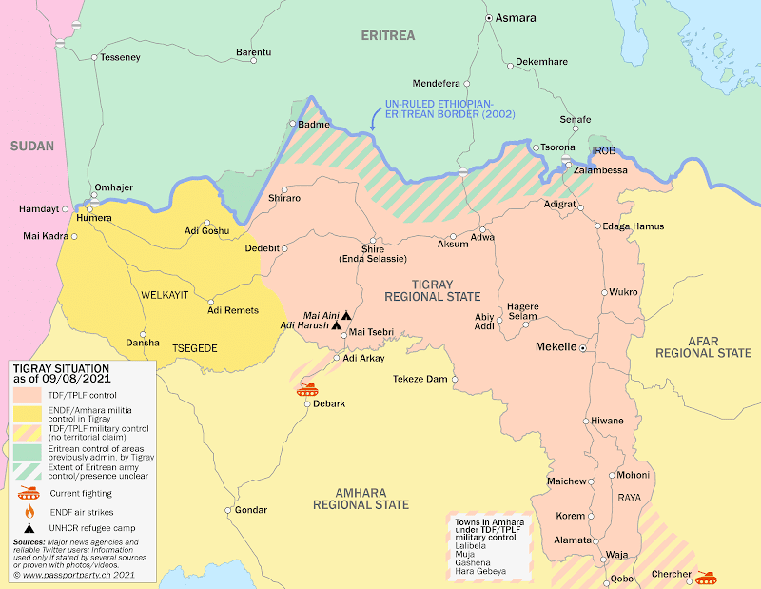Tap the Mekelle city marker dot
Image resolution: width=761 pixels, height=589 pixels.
(583, 348)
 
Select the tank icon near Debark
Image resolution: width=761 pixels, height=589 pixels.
(307, 388)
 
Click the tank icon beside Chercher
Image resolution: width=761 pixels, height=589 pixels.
(707, 577)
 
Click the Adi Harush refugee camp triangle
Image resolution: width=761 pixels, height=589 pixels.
(336, 325)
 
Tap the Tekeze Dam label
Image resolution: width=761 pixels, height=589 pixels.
(420, 379)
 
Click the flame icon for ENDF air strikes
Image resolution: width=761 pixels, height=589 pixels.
(29, 511)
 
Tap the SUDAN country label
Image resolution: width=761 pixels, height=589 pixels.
(32, 146)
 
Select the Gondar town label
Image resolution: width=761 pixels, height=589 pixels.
(251, 510)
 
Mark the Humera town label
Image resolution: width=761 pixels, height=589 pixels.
(93, 218)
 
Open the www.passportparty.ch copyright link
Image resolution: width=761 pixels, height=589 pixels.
(70, 576)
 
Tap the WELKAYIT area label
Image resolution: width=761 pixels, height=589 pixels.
(166, 295)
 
